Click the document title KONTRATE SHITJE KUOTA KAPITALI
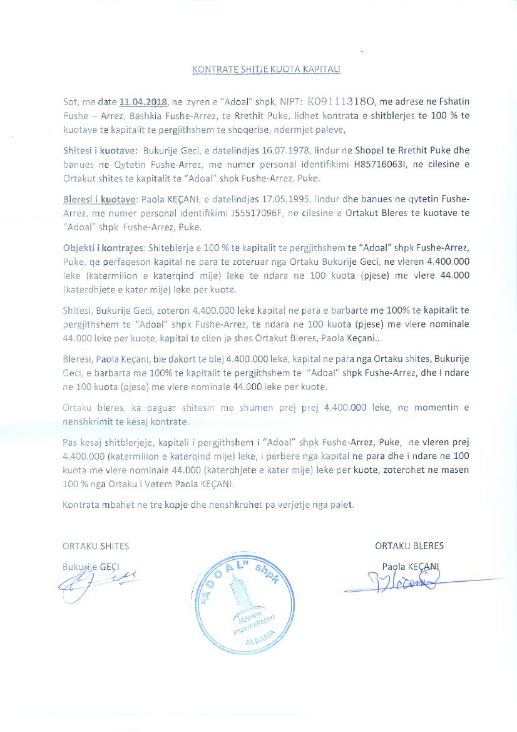[266, 70]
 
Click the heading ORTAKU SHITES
[96, 546]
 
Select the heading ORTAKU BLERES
[409, 546]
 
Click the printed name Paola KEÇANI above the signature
[411, 566]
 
